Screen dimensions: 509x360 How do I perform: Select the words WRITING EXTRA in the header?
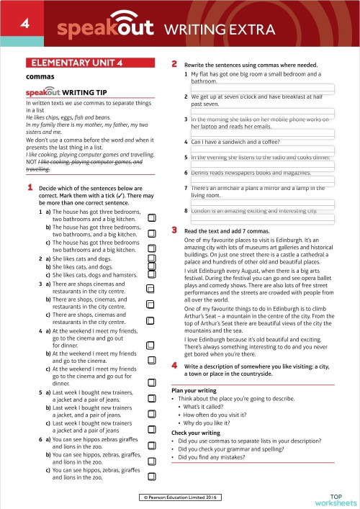220,30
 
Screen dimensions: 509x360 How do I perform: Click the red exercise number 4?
174,366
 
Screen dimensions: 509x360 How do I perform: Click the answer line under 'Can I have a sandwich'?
262,150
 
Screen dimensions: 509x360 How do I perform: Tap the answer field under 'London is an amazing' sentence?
262,220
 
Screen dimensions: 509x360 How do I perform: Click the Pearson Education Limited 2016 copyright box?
180,497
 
